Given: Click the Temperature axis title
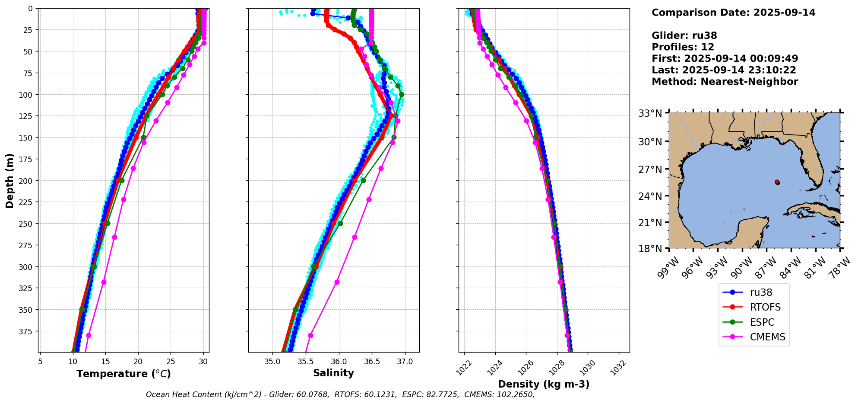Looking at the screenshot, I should tap(123, 374).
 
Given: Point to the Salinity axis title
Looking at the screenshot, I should tap(333, 373).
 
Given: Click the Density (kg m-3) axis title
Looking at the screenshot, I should tap(544, 384).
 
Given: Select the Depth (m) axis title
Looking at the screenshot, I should tap(9, 180).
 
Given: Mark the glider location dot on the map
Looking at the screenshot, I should tap(777, 182).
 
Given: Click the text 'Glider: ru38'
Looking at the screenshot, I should tap(684, 36).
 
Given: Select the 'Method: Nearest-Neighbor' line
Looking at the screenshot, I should tap(725, 82).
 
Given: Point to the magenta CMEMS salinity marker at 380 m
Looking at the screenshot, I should tap(310, 335).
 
